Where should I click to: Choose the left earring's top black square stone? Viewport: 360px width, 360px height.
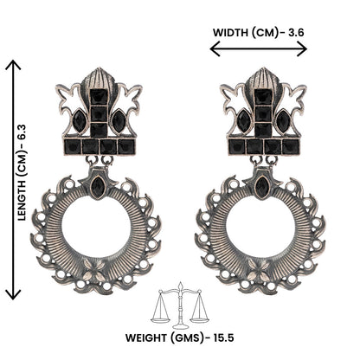tap(98, 96)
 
